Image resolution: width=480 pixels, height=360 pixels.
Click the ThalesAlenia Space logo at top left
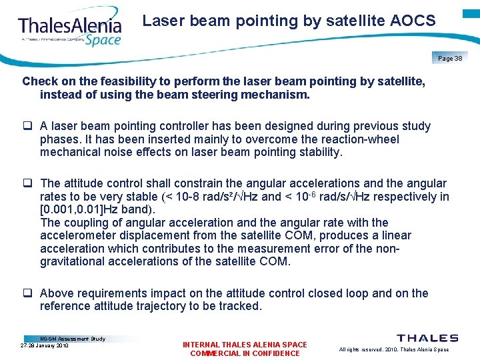point(70,30)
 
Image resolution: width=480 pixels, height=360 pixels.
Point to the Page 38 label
point(450,59)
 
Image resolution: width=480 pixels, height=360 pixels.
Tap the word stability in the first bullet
point(319,152)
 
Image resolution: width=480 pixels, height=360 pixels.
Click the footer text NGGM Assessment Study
point(73,339)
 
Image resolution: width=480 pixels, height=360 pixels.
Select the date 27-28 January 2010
point(45,345)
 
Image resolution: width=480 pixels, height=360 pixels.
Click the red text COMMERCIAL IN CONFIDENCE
point(245,353)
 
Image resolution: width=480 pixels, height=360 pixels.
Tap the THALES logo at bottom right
point(427,339)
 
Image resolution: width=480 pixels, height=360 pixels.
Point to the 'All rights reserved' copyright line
point(394,349)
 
